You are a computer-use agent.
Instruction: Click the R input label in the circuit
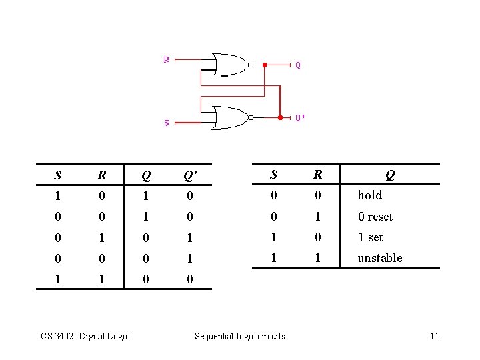point(167,59)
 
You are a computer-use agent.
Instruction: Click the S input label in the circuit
point(167,123)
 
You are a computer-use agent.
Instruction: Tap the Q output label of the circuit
point(298,65)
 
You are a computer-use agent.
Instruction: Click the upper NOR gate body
point(229,65)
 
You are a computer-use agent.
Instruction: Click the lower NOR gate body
point(229,117)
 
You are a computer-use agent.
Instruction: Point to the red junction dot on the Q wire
point(264,65)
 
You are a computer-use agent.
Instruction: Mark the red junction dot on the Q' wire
point(280,117)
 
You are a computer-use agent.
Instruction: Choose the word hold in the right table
point(370,195)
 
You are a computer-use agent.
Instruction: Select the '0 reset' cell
point(375,217)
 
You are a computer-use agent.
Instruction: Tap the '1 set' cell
point(371,237)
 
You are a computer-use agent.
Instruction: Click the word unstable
point(380,258)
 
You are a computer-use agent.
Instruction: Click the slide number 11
point(434,336)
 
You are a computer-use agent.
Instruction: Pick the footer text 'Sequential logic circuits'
point(239,336)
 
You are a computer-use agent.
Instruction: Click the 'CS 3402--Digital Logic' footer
point(84,336)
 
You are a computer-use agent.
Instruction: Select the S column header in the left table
point(58,176)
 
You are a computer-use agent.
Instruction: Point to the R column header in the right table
point(318,175)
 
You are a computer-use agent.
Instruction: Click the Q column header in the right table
point(389,175)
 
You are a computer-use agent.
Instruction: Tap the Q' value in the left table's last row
point(189,279)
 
